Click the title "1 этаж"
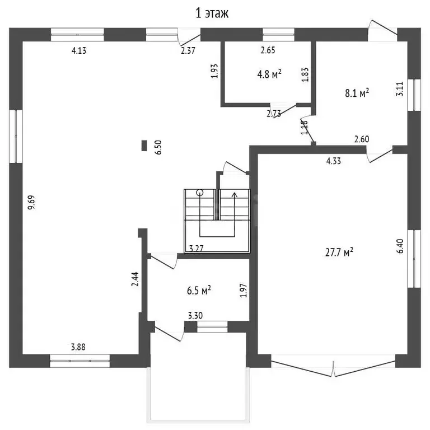[212, 13]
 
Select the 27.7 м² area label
[339, 252]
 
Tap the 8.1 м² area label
[357, 94]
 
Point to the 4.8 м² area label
[269, 74]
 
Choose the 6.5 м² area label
[199, 291]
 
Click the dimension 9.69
[31, 202]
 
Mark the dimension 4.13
[79, 50]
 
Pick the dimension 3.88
[78, 347]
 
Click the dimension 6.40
[400, 246]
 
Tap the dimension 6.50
[158, 147]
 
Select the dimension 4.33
[334, 161]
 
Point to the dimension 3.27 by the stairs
[197, 249]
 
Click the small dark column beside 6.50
[144, 146]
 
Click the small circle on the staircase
[200, 193]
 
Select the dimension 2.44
[135, 279]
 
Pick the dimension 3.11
[399, 89]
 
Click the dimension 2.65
[268, 50]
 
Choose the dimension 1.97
[243, 291]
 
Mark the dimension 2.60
[362, 139]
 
